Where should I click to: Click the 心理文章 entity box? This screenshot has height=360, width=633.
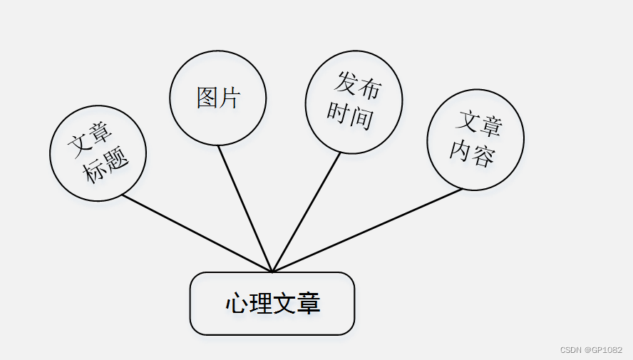(272, 304)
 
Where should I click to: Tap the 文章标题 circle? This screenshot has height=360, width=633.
(98, 153)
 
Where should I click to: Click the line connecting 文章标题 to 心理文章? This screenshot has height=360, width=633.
(196, 233)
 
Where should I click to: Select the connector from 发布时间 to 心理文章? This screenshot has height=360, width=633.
(307, 212)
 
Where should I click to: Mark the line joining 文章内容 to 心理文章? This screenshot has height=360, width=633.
(367, 230)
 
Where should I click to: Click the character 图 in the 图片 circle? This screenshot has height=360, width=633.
(207, 98)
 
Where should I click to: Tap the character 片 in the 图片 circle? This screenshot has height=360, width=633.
(229, 98)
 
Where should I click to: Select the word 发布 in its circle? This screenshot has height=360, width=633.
(358, 86)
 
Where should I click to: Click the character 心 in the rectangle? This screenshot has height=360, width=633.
(237, 304)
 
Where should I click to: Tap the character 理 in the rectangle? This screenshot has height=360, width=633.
(261, 304)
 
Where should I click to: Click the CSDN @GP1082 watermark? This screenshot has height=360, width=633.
(591, 349)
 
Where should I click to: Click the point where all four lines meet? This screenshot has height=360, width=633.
(272, 272)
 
